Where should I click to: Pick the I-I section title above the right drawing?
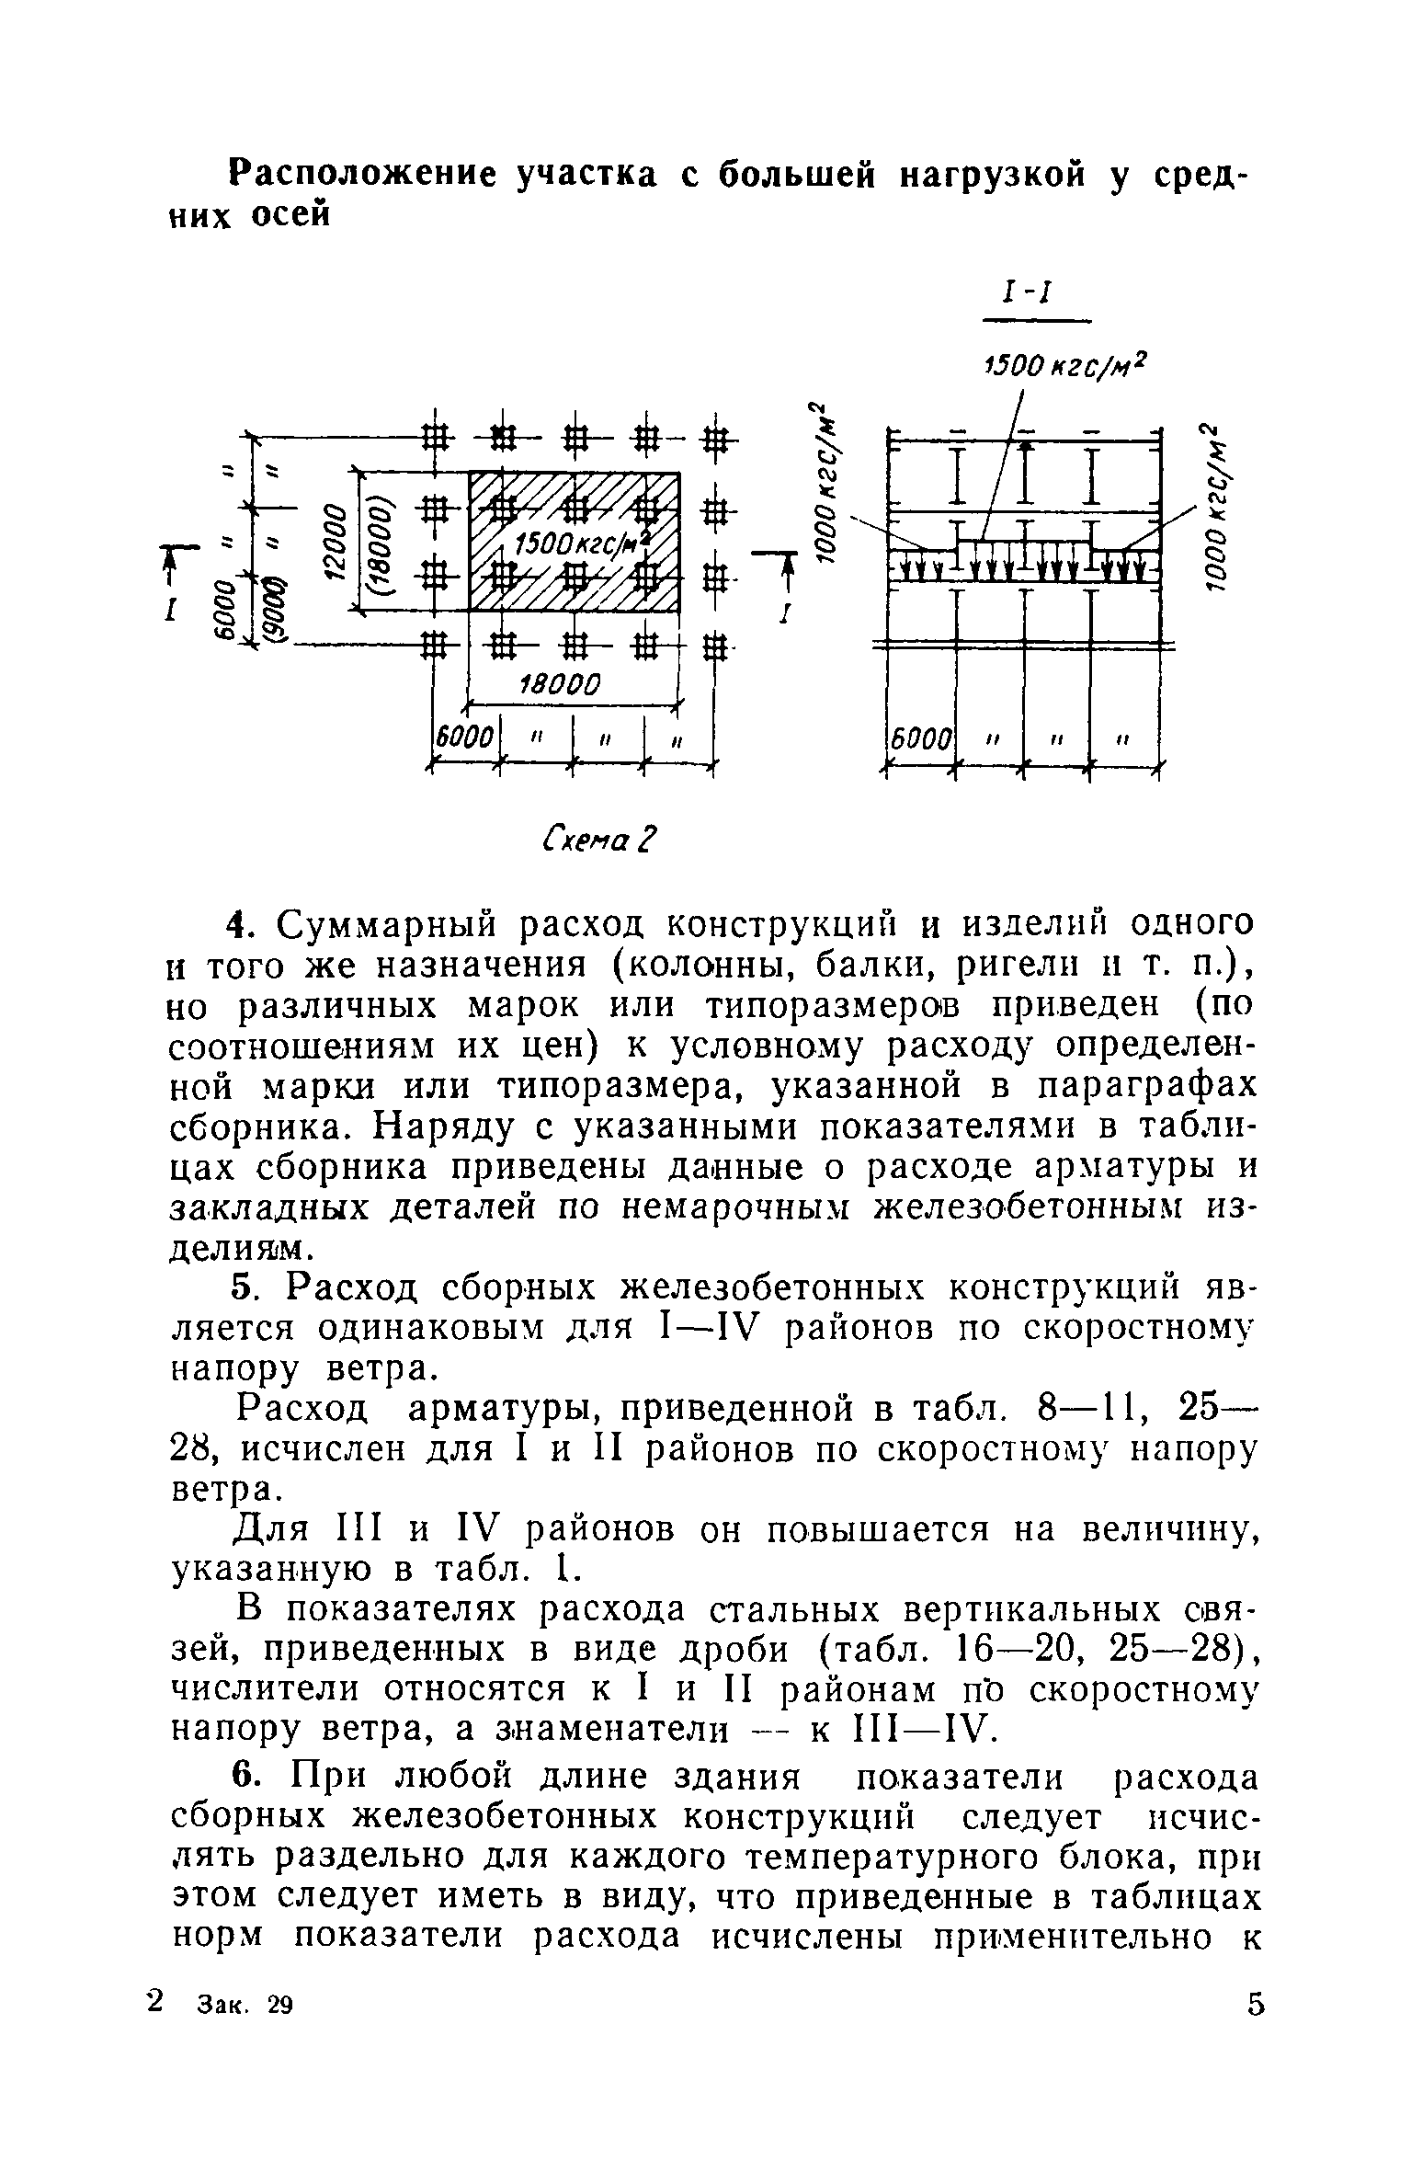coord(1034,296)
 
